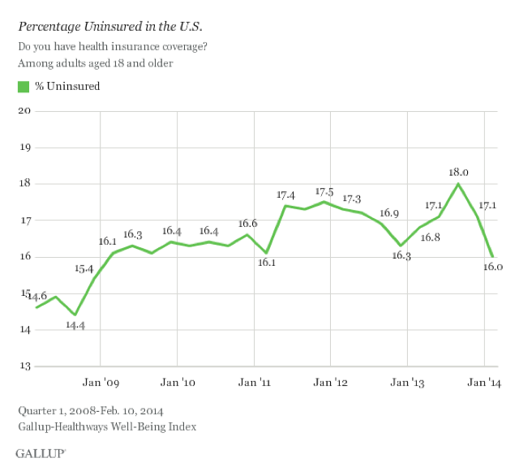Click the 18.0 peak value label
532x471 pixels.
coord(459,172)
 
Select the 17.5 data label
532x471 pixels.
coord(324,191)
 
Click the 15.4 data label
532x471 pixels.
coord(84,268)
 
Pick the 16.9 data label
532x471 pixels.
coord(389,213)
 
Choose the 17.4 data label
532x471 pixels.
coord(285,195)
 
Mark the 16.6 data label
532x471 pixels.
coord(247,224)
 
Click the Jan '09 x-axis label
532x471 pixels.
coord(101,381)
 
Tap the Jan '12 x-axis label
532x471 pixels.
coord(330,381)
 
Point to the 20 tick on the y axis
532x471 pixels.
coord(24,110)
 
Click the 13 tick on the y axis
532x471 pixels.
coord(24,366)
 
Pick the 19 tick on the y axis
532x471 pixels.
coord(24,148)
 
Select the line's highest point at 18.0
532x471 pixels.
coord(459,184)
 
